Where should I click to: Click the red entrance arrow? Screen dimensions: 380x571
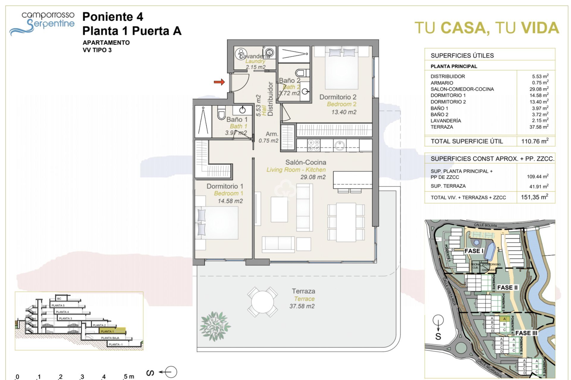point(219,82)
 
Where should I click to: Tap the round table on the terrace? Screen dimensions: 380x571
point(262,302)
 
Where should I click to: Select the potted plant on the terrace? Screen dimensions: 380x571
point(215,326)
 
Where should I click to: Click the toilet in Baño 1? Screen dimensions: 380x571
point(221,113)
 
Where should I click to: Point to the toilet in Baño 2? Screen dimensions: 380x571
point(302,73)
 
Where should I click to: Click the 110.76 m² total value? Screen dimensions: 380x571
point(534,141)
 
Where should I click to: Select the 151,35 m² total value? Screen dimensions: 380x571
point(534,197)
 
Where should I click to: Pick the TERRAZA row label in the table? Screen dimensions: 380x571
point(442,127)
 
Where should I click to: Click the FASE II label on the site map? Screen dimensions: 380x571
point(507,287)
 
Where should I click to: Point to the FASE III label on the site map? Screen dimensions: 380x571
point(526,333)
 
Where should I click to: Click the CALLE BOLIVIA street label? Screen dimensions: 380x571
point(485,225)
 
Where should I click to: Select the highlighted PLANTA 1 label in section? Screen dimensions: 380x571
point(107,331)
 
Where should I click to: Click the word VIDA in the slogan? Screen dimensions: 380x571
point(540,28)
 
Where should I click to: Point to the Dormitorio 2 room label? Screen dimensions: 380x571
point(338,97)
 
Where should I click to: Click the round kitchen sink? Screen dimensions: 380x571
point(339,145)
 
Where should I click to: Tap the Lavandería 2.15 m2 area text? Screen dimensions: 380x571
point(255,67)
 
